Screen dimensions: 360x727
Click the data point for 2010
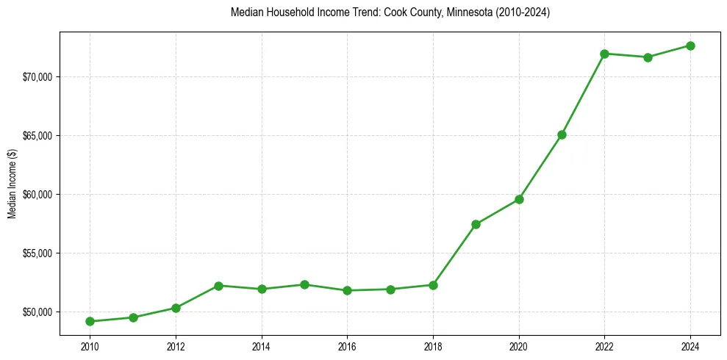click(x=90, y=321)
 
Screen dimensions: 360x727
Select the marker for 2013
click(x=218, y=285)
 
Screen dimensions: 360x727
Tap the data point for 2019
click(x=476, y=224)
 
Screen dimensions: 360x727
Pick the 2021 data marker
click(x=562, y=134)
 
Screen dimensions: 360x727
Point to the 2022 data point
click(x=604, y=54)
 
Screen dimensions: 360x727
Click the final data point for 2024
click(x=690, y=46)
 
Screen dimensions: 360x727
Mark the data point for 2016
click(x=347, y=290)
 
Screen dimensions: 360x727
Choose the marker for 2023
click(x=648, y=57)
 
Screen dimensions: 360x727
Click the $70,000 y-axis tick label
click(x=37, y=77)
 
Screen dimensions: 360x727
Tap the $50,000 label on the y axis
click(x=37, y=312)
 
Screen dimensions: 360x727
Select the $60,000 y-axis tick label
click(x=37, y=195)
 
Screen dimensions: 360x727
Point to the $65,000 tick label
click(x=37, y=136)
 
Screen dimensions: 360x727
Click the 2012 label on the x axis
click(x=176, y=345)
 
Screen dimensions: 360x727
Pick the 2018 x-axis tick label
click(x=433, y=345)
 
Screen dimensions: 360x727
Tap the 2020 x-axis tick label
click(x=519, y=345)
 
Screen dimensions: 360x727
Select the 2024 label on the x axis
click(x=690, y=345)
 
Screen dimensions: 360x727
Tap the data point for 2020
click(x=519, y=199)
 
